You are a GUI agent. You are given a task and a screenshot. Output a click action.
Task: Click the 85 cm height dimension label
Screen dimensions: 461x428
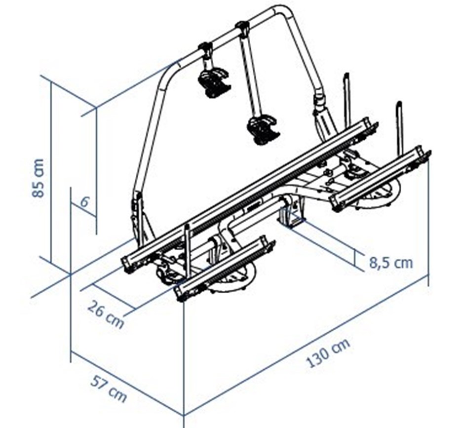click(x=38, y=178)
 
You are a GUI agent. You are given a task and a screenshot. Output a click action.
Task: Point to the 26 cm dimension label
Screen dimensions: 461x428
click(x=106, y=313)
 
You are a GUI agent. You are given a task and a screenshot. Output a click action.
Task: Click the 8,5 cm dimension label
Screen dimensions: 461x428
click(x=391, y=263)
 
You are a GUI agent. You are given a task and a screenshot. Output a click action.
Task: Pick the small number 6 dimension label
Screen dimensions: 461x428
click(x=84, y=202)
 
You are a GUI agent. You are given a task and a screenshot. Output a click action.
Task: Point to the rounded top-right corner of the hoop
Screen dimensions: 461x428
click(x=285, y=13)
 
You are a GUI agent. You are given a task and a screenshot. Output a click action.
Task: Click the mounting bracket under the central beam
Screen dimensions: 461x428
click(x=292, y=212)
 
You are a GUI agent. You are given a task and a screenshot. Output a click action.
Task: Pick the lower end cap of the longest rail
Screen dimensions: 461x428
click(x=128, y=264)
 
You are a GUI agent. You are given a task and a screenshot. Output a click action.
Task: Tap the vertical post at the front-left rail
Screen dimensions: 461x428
click(x=188, y=250)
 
